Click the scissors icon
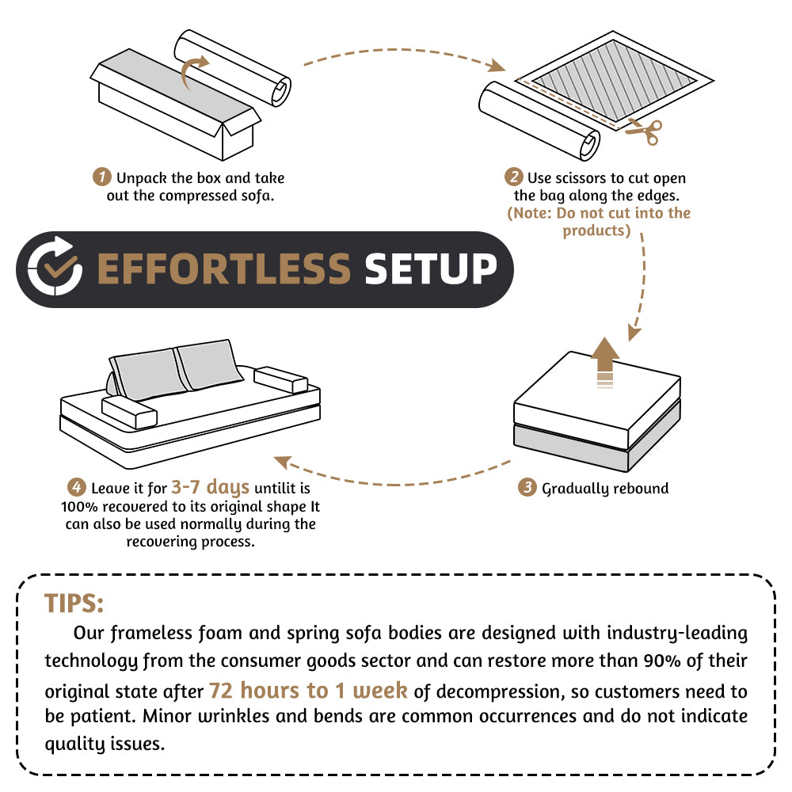[x=643, y=131]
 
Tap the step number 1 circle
[x=101, y=176]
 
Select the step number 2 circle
[x=515, y=177]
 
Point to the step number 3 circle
[x=527, y=488]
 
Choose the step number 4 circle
[x=76, y=488]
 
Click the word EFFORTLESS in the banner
[x=223, y=269]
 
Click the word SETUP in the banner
[x=430, y=269]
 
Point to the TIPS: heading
[x=74, y=603]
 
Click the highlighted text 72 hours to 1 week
[x=308, y=690]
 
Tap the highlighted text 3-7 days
[x=211, y=486]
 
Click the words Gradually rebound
[x=605, y=489]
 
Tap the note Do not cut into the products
[x=598, y=222]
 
